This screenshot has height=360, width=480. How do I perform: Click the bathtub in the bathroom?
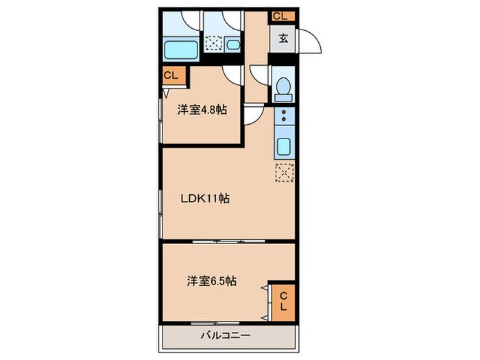[x=182, y=49]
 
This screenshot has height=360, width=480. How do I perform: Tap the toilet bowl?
[x=282, y=88]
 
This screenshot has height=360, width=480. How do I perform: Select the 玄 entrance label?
[x=283, y=38]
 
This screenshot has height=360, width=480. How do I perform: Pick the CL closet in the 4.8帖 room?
[x=171, y=76]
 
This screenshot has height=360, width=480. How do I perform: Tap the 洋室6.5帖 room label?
[x=212, y=280]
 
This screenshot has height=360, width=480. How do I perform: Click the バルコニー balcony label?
[x=226, y=336]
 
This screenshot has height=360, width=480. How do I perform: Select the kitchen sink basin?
[x=282, y=146]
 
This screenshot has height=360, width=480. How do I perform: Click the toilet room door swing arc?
[x=261, y=75]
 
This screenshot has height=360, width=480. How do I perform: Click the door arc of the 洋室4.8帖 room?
[x=252, y=114]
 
